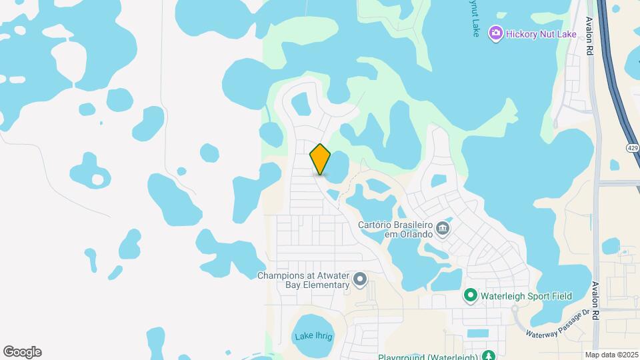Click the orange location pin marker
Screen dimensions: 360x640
tap(320, 159)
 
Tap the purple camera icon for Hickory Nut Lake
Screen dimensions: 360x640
tap(495, 33)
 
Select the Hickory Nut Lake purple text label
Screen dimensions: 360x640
tap(541, 33)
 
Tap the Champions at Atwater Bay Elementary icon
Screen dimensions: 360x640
tap(360, 279)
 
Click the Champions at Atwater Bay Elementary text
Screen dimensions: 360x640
tap(304, 280)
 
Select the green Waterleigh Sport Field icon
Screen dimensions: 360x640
tap(470, 295)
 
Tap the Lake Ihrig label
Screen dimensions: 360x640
tap(313, 337)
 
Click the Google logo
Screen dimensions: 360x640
tap(22, 352)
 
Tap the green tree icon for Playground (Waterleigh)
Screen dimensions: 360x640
tap(489, 355)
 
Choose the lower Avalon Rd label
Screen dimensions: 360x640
tap(595, 299)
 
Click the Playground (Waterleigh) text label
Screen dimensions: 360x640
tap(428, 357)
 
